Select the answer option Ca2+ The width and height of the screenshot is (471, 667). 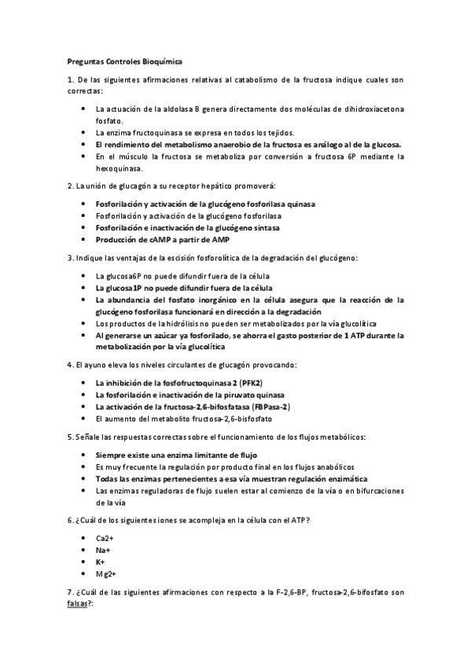(x=105, y=537)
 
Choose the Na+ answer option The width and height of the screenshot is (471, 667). (x=102, y=551)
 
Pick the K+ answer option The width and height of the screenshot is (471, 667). (x=101, y=563)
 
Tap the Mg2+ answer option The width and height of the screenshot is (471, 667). (x=105, y=576)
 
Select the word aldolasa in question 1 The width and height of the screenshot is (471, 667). (x=164, y=109)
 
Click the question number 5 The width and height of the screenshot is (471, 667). (x=70, y=437)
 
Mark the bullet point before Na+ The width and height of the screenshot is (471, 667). (x=83, y=550)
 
